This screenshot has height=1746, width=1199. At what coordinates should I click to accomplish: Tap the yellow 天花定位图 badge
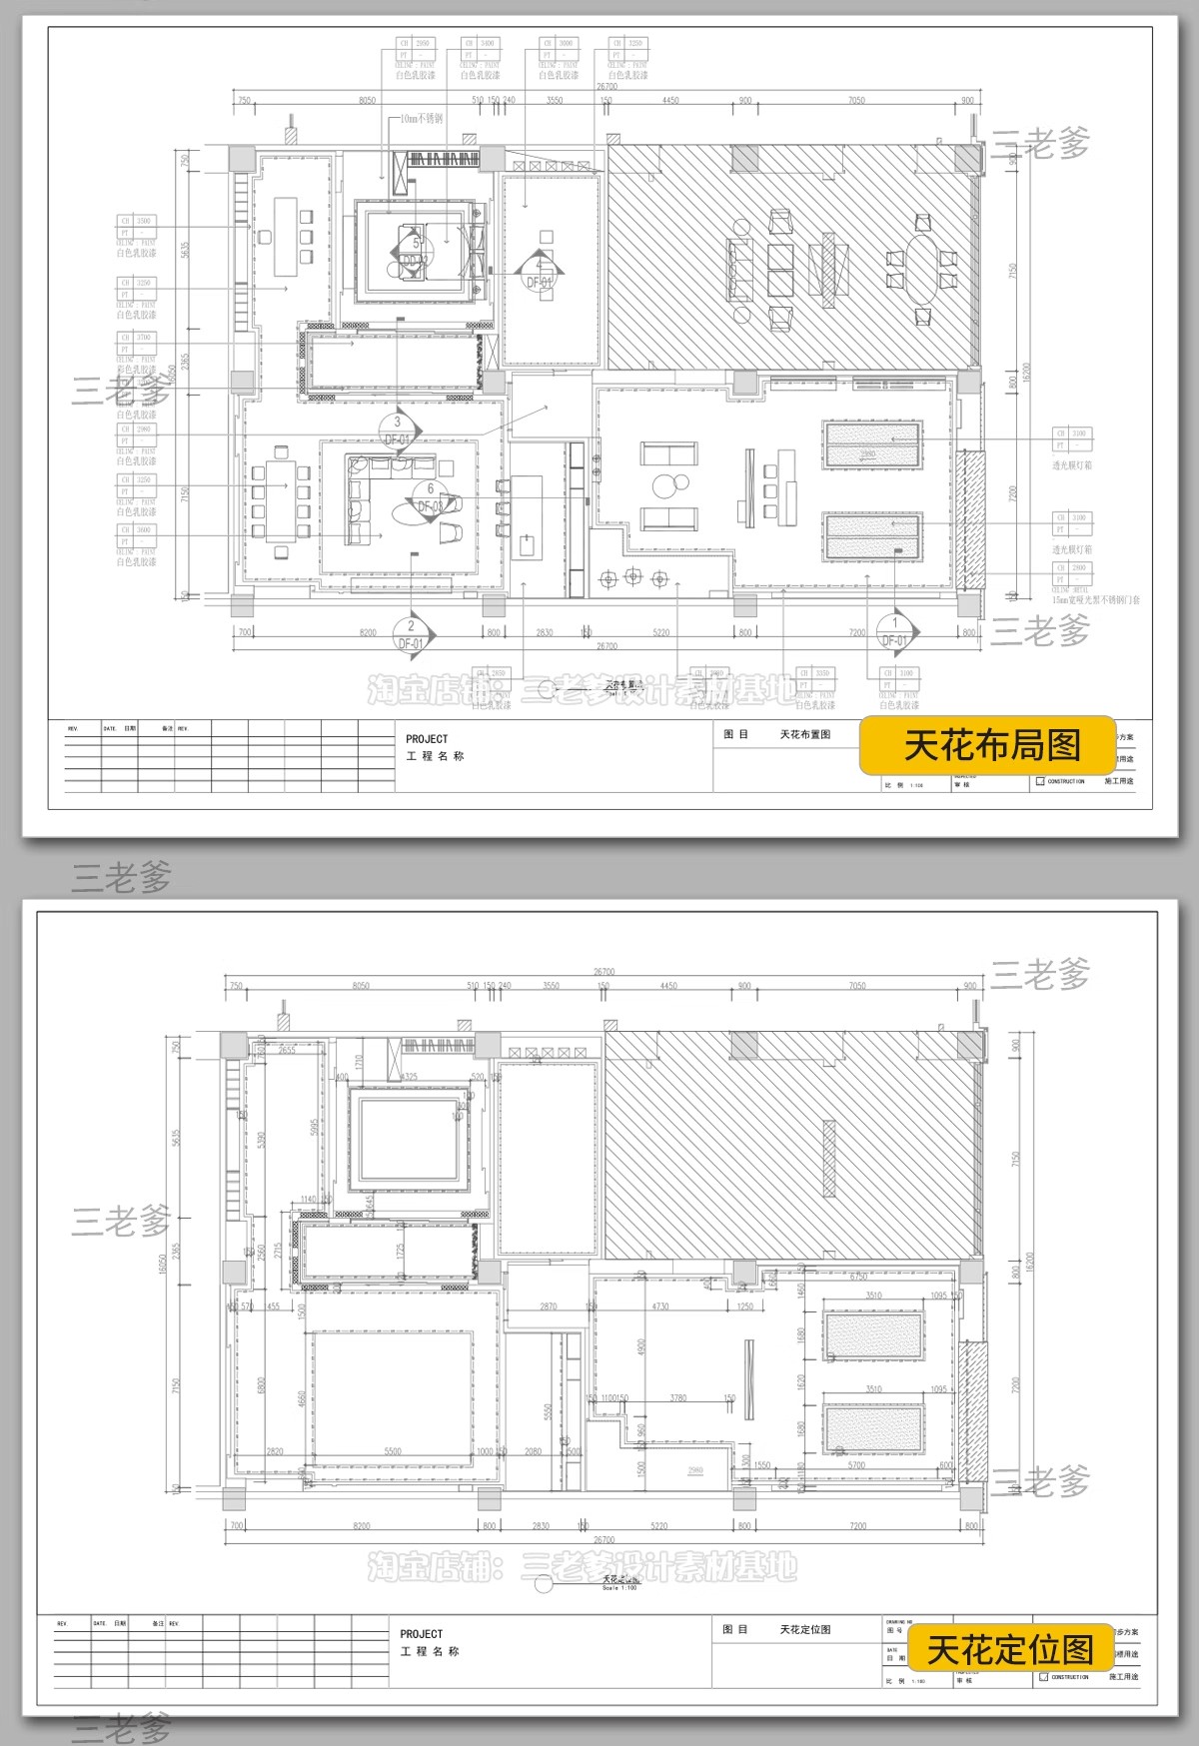1010,1649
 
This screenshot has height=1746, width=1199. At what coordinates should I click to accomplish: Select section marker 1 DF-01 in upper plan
895,631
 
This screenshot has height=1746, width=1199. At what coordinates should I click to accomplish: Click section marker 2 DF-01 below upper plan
411,633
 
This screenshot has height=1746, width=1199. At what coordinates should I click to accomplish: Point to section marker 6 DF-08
431,498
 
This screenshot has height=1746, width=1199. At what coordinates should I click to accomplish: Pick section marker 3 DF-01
398,431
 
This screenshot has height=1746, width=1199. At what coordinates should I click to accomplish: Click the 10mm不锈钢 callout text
421,119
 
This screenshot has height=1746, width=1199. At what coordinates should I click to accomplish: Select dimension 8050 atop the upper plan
367,100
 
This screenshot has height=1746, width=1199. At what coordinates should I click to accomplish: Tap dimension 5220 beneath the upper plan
660,633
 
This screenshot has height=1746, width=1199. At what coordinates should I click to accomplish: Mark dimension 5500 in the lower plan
393,1451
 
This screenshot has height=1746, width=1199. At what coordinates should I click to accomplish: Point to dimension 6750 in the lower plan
858,1276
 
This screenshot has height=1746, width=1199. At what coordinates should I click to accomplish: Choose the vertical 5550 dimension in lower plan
548,1411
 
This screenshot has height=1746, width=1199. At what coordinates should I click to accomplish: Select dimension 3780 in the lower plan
678,1397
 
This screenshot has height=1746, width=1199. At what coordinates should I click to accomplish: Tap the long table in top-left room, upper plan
286,236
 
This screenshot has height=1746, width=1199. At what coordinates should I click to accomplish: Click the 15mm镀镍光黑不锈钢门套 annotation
1095,600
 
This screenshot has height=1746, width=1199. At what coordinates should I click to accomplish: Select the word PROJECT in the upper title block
427,739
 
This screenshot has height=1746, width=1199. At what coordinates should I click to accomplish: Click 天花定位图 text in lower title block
805,1629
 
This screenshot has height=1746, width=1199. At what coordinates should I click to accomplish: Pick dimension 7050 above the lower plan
856,986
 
